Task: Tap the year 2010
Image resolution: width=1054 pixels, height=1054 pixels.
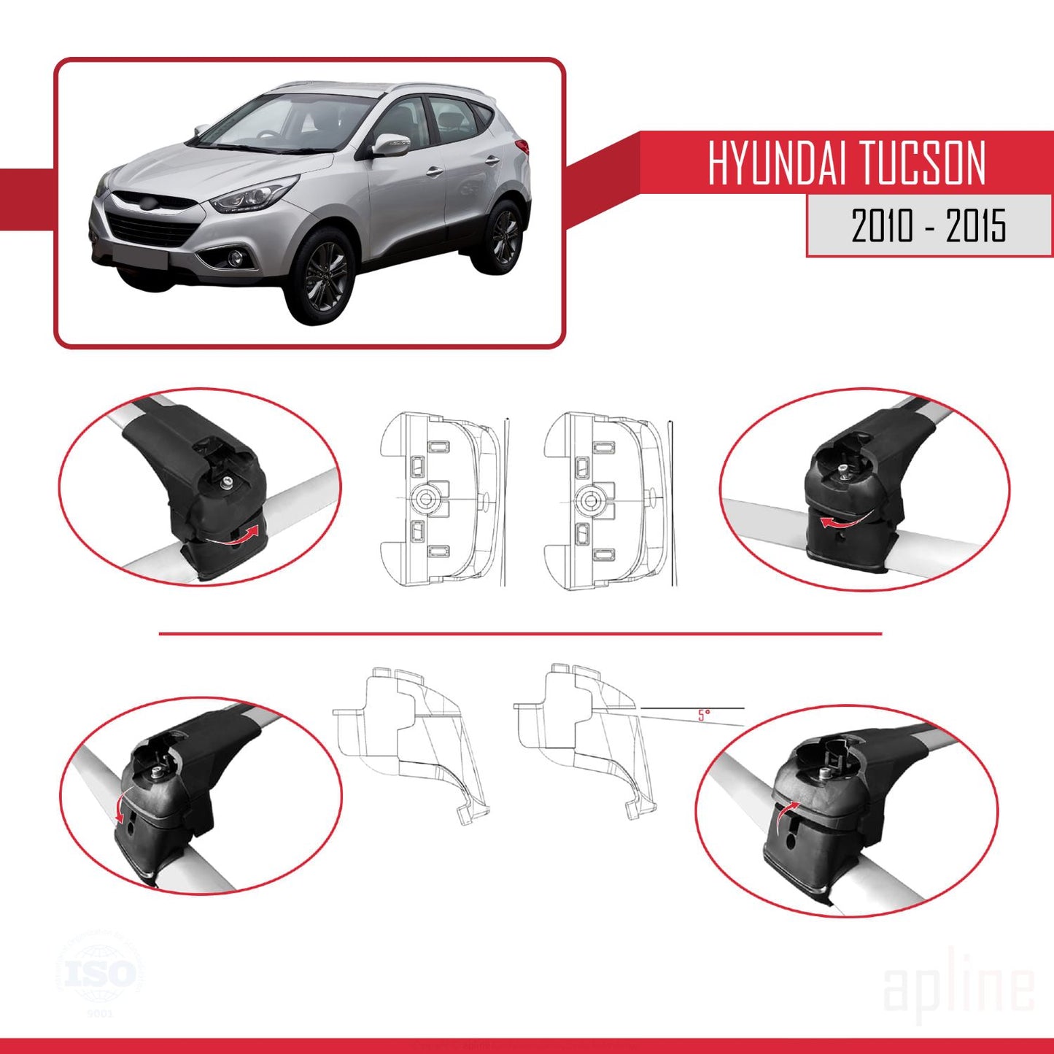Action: [x=883, y=225]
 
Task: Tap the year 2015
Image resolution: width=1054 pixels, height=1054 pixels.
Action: [x=976, y=225]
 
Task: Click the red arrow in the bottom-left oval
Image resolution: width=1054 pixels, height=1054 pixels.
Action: [x=120, y=805]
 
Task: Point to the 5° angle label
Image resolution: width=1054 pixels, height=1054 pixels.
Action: [x=703, y=715]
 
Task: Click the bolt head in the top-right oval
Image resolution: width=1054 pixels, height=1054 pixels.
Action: [x=844, y=468]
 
